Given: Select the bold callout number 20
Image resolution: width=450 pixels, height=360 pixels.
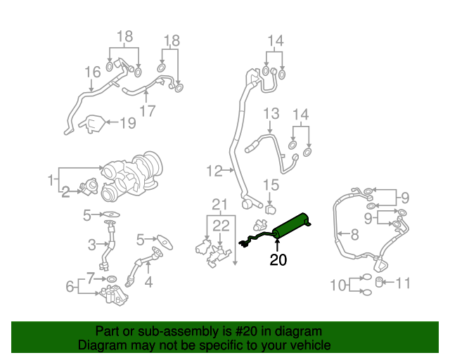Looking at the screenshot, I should (x=278, y=261).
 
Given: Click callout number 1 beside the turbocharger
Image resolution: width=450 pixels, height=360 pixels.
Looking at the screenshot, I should (x=51, y=180).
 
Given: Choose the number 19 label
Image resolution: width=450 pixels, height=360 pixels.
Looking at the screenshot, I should (x=127, y=124).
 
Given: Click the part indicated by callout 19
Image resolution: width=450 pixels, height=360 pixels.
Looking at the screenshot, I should (x=91, y=124).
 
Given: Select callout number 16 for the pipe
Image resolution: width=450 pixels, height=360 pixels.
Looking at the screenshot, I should (x=93, y=72).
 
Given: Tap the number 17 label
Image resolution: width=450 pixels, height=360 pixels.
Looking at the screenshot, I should (x=147, y=110).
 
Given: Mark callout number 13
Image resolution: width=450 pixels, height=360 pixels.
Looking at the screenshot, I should (x=271, y=113).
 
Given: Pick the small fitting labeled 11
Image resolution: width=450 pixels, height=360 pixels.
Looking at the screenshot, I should (x=380, y=283).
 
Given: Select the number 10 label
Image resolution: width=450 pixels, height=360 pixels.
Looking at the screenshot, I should (x=338, y=285).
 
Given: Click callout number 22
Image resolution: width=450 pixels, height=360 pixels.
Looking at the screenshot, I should (x=221, y=225).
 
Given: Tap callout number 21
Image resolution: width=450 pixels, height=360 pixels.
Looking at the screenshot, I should (x=221, y=205).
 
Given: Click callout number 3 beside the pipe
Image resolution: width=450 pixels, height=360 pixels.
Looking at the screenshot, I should (x=91, y=245).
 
